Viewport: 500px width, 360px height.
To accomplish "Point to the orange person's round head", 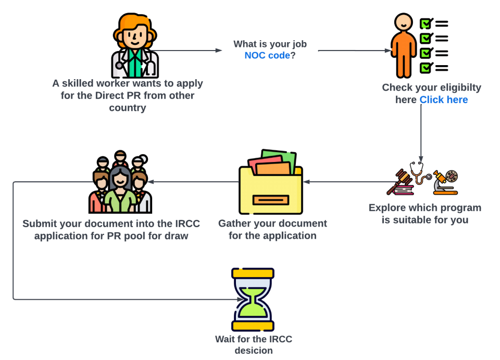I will click(403, 22).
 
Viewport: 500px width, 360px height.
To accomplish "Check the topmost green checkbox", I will click(426, 23).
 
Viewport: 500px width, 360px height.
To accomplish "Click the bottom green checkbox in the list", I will click(426, 68).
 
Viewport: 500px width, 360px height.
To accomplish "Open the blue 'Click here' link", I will click(443, 100).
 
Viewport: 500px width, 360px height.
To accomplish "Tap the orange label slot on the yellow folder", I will click(270, 200).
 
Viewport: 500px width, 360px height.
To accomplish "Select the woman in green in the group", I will click(120, 195).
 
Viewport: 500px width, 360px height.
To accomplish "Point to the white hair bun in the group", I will click(142, 159).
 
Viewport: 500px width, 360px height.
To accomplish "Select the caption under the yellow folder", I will click(273, 229).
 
